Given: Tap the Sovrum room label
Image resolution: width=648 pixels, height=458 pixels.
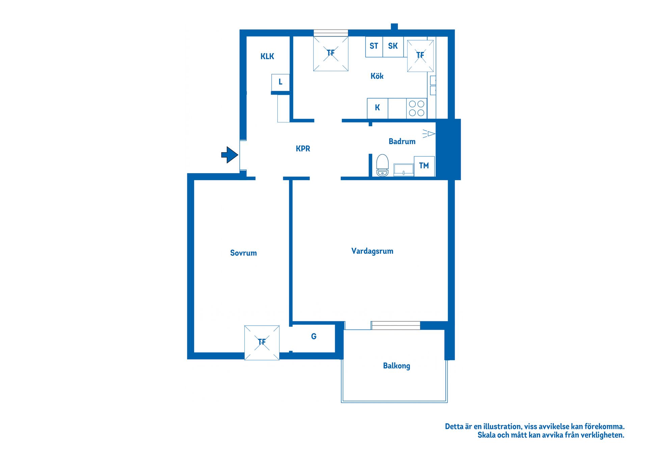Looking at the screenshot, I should pyautogui.click(x=243, y=253).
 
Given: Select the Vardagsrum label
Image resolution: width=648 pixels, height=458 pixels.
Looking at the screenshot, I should pyautogui.click(x=372, y=251).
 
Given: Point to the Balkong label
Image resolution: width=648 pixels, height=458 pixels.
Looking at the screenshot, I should pyautogui.click(x=397, y=366).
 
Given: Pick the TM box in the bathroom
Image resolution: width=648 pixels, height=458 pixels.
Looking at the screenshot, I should pyautogui.click(x=424, y=166).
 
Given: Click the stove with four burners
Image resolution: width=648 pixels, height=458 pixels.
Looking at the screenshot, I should pyautogui.click(x=416, y=108).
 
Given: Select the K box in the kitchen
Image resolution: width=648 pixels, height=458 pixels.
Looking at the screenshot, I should pyautogui.click(x=377, y=108).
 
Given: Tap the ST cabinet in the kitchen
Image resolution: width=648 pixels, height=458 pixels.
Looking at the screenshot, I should pyautogui.click(x=374, y=46).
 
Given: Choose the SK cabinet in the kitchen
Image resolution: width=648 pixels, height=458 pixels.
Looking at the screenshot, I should pyautogui.click(x=393, y=46).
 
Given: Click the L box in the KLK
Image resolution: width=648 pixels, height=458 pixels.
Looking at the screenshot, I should pyautogui.click(x=280, y=82).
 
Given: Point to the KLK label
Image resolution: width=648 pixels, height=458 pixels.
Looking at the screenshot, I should pyautogui.click(x=267, y=56).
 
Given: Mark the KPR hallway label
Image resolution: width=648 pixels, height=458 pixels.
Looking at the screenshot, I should pyautogui.click(x=303, y=149).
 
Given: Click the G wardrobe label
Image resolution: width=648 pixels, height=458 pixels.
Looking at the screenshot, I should pyautogui.click(x=314, y=336).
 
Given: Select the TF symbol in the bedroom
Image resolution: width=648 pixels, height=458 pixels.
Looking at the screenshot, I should pyautogui.click(x=262, y=342).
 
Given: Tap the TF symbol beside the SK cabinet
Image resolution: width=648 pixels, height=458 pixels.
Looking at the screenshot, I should pyautogui.click(x=420, y=56).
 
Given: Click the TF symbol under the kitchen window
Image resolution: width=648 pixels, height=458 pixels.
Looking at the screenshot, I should pyautogui.click(x=331, y=53).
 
